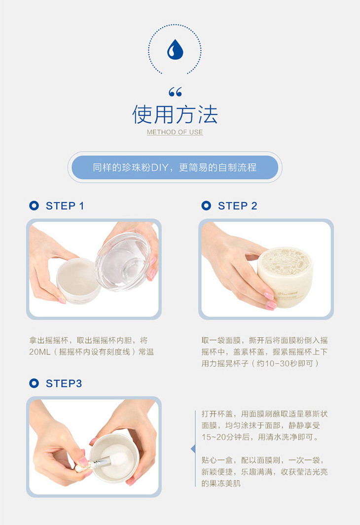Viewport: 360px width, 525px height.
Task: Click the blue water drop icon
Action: tap(175, 49)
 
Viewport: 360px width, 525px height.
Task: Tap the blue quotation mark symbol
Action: tap(175, 92)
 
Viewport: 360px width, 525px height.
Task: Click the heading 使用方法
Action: tap(175, 114)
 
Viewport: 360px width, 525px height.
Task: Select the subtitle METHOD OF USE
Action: tap(175, 132)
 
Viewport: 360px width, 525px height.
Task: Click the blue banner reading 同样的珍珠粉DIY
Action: tap(175, 167)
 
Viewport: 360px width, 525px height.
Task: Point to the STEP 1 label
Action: tap(65, 206)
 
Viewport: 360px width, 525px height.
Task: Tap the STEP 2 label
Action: tap(237, 206)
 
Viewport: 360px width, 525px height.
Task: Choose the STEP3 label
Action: tap(64, 384)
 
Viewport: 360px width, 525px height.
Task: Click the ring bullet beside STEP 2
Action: tap(206, 206)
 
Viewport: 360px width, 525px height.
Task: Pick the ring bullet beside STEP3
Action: tap(34, 383)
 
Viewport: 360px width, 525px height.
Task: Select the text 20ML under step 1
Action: tap(39, 352)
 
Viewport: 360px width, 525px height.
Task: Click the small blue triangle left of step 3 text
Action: tap(193, 449)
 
